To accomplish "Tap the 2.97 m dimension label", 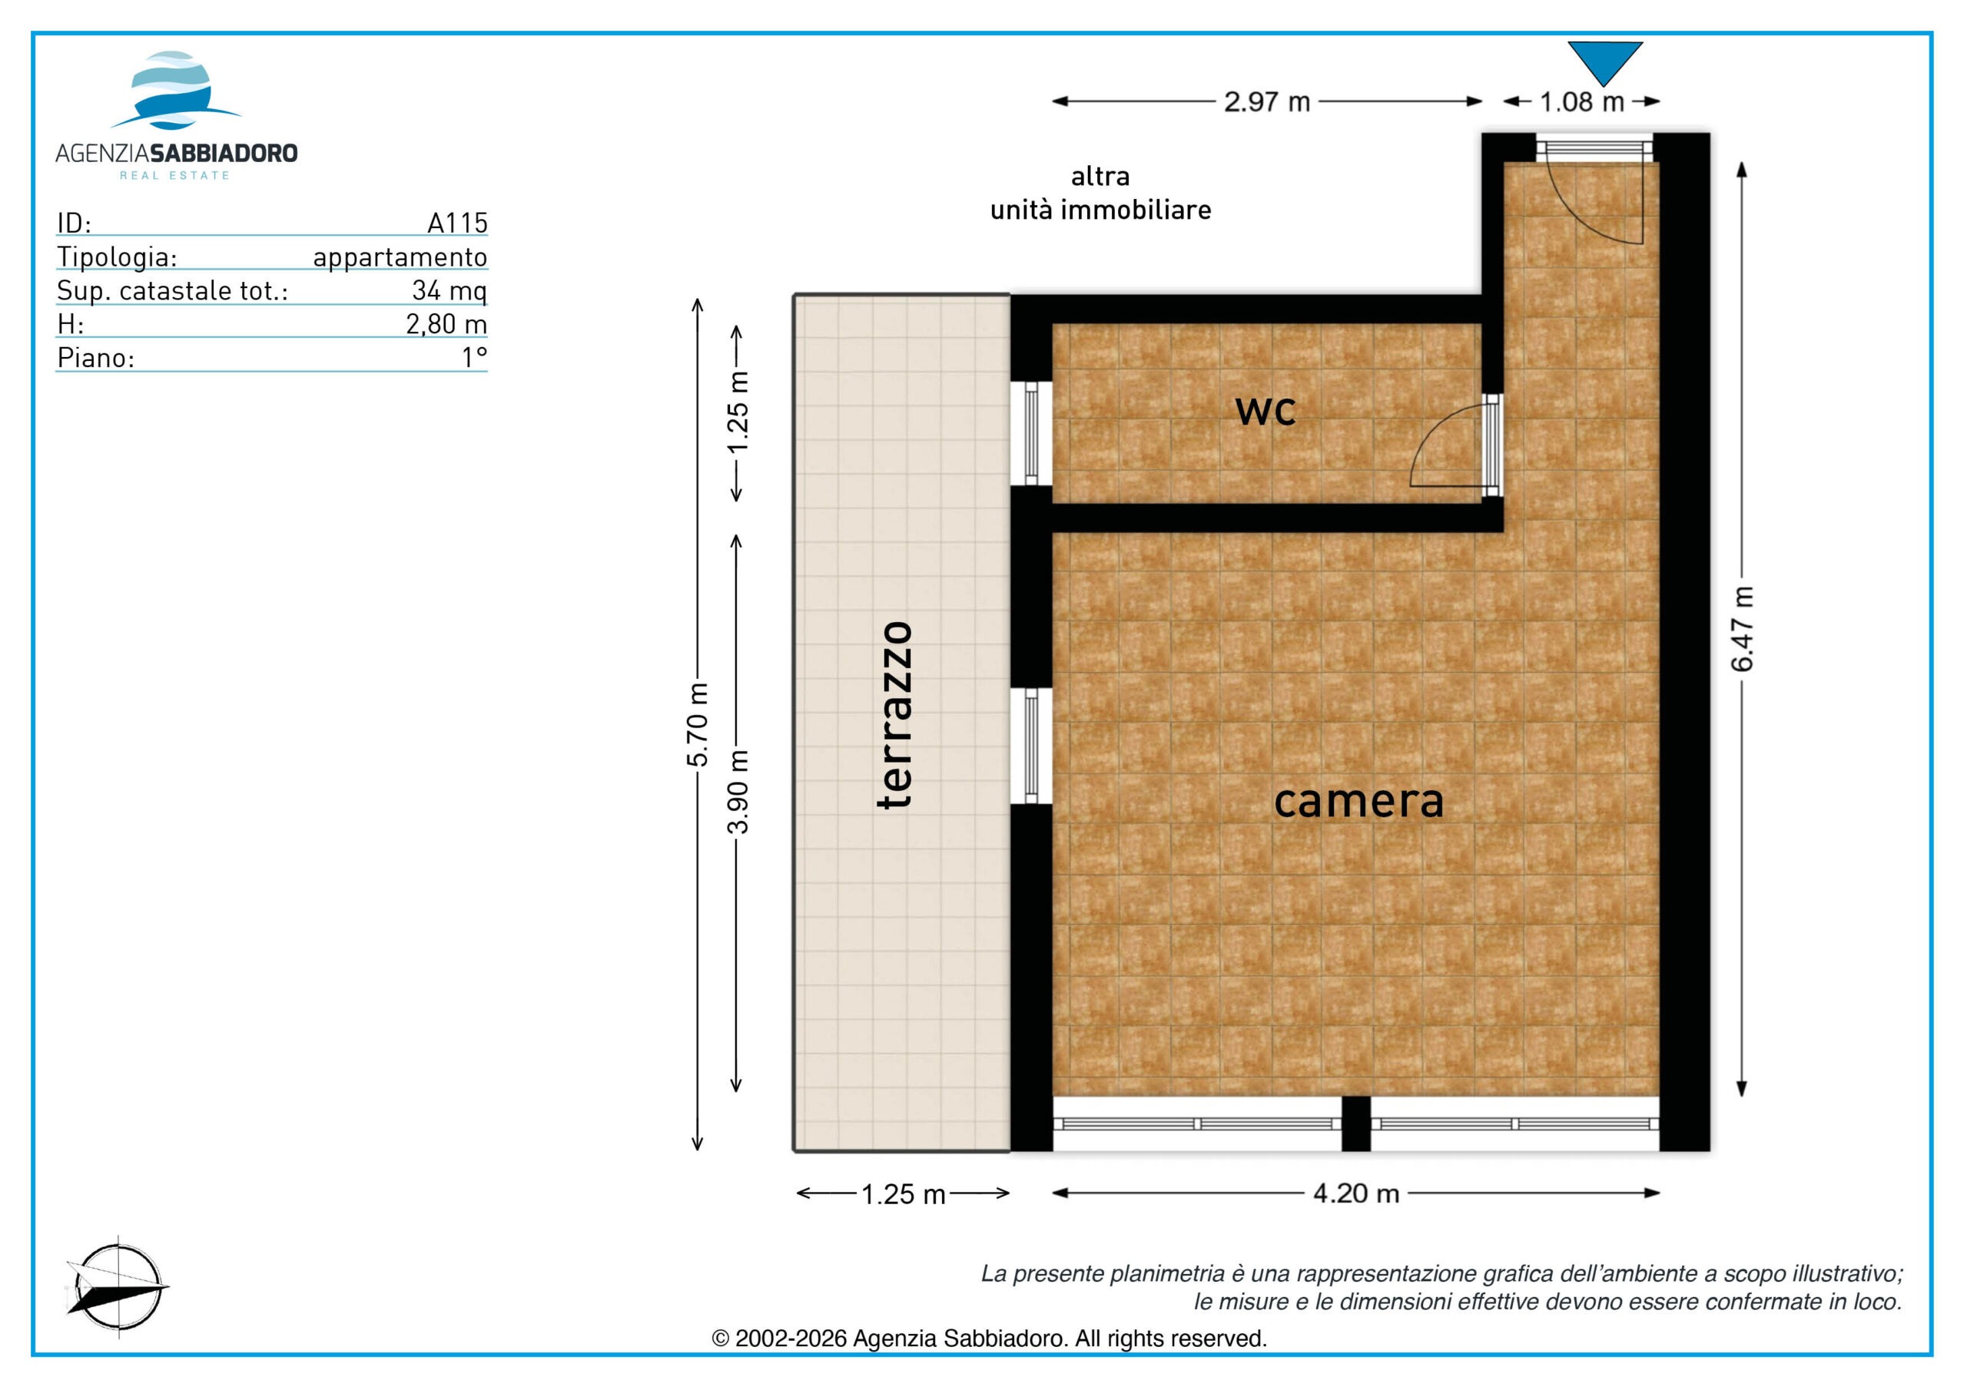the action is [x=1267, y=102].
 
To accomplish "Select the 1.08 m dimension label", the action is [x=1581, y=102].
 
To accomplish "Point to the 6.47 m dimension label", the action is [x=1743, y=629].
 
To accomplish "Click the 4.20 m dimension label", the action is [x=1356, y=1193].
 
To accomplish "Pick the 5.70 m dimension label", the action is [x=698, y=723].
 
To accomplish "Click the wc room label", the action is [x=1265, y=410].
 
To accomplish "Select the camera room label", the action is [x=1358, y=801].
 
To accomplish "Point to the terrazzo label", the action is [x=895, y=714].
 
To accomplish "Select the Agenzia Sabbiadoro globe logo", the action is [x=174, y=90].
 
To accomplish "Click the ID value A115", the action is [x=457, y=223].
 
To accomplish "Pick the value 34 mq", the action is [x=449, y=290].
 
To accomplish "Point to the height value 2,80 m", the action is [x=446, y=325].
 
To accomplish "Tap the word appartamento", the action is [x=400, y=258].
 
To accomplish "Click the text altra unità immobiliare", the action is [x=1101, y=193].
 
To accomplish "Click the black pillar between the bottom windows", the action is [x=1356, y=1124].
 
